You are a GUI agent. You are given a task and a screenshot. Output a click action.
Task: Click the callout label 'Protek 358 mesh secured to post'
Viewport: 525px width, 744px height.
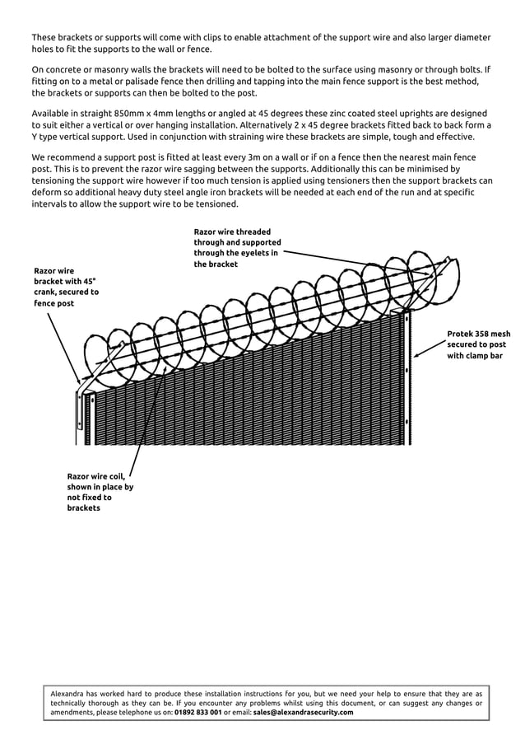tap(478, 344)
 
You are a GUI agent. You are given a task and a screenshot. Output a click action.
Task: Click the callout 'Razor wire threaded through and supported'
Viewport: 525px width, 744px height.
tap(237, 248)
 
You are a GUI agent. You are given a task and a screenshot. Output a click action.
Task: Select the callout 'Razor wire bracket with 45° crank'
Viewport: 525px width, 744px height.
tap(66, 286)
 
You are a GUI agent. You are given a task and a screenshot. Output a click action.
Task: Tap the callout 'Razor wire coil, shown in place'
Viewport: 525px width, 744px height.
tap(100, 492)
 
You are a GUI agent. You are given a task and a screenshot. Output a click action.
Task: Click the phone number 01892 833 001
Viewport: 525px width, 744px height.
tap(197, 712)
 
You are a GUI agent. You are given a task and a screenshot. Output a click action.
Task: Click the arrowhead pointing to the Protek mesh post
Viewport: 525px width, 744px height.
tap(418, 355)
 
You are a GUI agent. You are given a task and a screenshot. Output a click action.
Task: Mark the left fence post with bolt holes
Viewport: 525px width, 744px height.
tap(80, 416)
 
